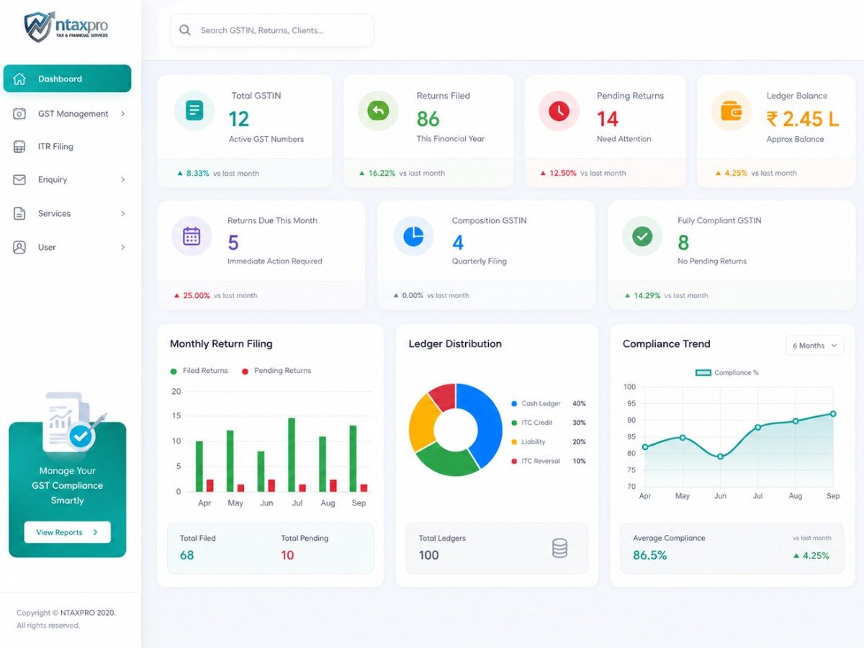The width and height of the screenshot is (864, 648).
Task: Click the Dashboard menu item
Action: (x=67, y=78)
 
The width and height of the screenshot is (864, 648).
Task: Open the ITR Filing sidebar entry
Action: (x=55, y=146)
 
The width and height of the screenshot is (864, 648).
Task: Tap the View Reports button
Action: (x=67, y=532)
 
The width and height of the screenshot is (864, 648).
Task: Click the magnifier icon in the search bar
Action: (x=184, y=30)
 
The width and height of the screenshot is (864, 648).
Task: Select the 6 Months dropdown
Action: (x=814, y=346)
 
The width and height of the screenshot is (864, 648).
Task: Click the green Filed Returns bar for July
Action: (x=292, y=455)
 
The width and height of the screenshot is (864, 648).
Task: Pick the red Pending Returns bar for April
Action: (x=210, y=485)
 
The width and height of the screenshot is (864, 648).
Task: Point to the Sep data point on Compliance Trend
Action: (x=833, y=414)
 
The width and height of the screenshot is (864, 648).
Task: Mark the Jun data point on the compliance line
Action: (x=720, y=456)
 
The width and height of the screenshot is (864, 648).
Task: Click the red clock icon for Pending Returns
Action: (x=559, y=111)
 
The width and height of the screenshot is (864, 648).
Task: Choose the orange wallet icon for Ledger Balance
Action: (x=732, y=111)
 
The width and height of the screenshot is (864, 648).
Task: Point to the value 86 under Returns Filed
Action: (x=428, y=119)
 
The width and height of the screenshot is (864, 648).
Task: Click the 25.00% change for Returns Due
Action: (x=197, y=295)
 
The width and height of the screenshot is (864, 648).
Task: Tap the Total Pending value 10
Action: (x=287, y=555)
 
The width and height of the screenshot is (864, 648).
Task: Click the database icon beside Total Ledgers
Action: (x=559, y=548)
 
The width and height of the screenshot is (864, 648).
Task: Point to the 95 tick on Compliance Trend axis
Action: (x=631, y=403)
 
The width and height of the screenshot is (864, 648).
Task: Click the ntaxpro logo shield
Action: (x=38, y=27)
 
